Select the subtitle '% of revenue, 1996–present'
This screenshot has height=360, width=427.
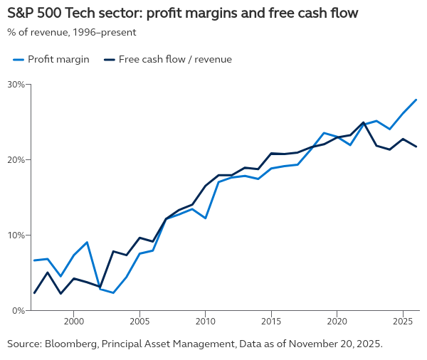72,32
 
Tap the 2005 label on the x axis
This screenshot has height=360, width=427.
139,322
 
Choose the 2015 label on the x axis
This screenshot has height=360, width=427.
271,322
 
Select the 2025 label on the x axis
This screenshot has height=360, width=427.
403,322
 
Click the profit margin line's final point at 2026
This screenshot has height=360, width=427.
416,100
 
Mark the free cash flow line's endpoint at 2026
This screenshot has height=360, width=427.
416,147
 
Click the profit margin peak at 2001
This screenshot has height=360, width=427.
87,243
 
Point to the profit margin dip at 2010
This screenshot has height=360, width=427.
205,218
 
